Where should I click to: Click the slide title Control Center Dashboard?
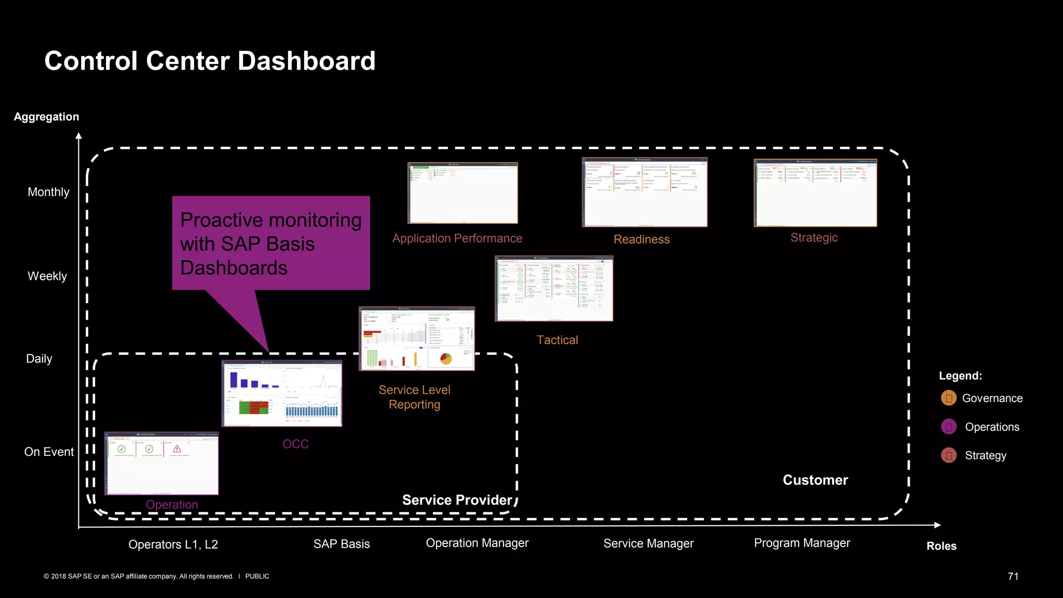(x=210, y=61)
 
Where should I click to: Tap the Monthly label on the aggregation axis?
(x=48, y=192)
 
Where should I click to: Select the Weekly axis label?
(x=47, y=276)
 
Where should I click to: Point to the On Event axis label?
(x=49, y=452)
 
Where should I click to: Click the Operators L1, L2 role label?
(x=173, y=545)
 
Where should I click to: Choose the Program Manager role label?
(x=802, y=543)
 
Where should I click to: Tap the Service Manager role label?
(x=648, y=543)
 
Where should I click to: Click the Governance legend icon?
(x=948, y=398)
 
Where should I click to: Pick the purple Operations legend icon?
(x=948, y=427)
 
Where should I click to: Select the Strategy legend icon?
(x=948, y=455)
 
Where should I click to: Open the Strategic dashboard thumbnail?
(x=815, y=193)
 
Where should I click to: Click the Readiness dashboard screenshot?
(x=644, y=193)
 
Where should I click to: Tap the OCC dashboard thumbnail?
(x=281, y=393)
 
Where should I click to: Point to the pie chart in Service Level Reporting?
(x=446, y=358)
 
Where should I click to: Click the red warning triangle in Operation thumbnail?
(x=177, y=448)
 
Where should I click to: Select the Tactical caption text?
(x=557, y=340)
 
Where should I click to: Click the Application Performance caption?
(x=457, y=238)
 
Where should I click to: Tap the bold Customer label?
(x=815, y=480)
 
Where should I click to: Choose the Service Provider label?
(x=457, y=500)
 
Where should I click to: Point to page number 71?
(x=1013, y=576)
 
